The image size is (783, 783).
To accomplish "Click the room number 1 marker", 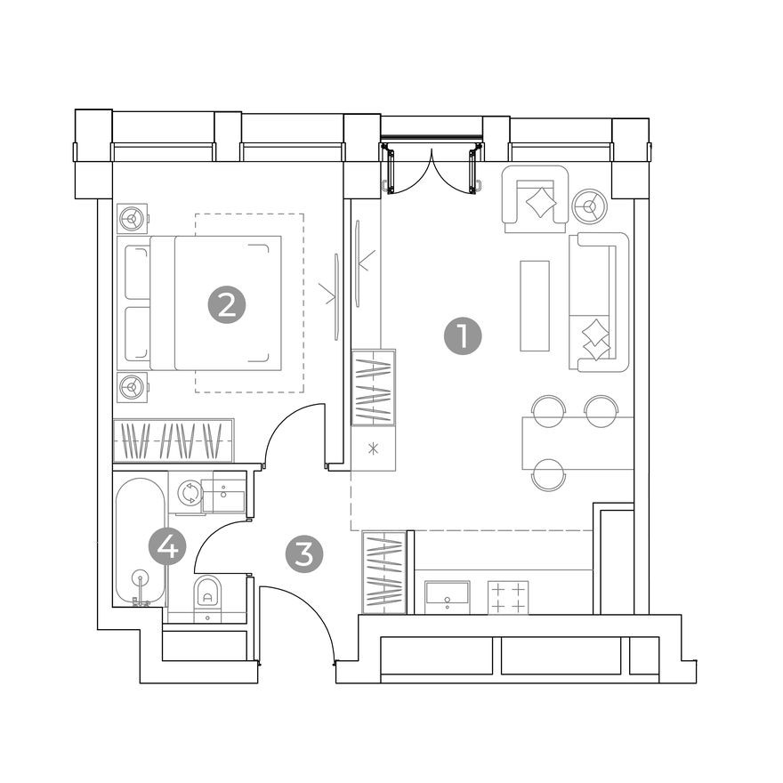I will (462, 338).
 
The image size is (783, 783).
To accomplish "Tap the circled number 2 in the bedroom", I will (227, 305).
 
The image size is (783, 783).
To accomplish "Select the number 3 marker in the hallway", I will (304, 554).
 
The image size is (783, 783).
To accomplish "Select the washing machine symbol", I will (189, 494).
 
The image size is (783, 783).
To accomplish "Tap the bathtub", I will (140, 543).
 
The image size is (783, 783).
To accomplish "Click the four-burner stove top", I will (509, 596).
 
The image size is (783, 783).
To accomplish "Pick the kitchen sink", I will (448, 594).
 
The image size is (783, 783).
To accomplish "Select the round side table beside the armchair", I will (588, 206).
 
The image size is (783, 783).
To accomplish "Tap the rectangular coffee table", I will (536, 305).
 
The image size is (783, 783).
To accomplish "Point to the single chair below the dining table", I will (548, 473).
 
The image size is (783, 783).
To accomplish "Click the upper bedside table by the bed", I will (133, 217).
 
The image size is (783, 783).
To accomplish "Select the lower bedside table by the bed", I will (133, 386).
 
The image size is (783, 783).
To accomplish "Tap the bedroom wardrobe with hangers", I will (174, 440).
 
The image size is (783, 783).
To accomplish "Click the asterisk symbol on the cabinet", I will (374, 448).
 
